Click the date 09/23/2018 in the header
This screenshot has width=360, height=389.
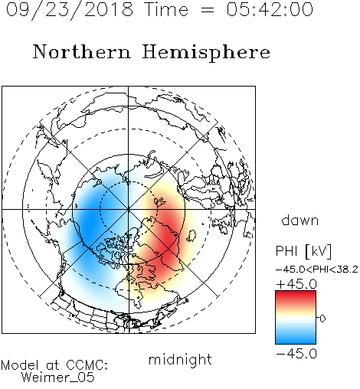[x=70, y=10]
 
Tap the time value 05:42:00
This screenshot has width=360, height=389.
[x=270, y=9]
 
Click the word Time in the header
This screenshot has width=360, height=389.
[x=166, y=9]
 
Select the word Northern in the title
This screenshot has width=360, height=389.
[x=82, y=51]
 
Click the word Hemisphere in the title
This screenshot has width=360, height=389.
[x=206, y=53]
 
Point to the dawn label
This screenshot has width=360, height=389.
[x=300, y=220]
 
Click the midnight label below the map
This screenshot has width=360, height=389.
[x=180, y=359]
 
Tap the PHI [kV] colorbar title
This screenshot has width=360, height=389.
[x=303, y=251]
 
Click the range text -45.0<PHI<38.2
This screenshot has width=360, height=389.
[x=317, y=270]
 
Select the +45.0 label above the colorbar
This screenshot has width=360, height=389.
[x=296, y=284]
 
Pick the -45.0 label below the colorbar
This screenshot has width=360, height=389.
[x=296, y=354]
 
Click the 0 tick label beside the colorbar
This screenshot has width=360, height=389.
[x=322, y=319]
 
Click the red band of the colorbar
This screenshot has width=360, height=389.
[x=296, y=297]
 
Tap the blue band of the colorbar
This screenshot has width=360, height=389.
[x=296, y=336]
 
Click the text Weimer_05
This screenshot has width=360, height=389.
[x=58, y=378]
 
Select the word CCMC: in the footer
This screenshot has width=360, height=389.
[x=87, y=365]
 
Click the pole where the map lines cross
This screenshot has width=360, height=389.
[x=129, y=209]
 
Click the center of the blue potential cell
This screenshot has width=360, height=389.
[x=90, y=223]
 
